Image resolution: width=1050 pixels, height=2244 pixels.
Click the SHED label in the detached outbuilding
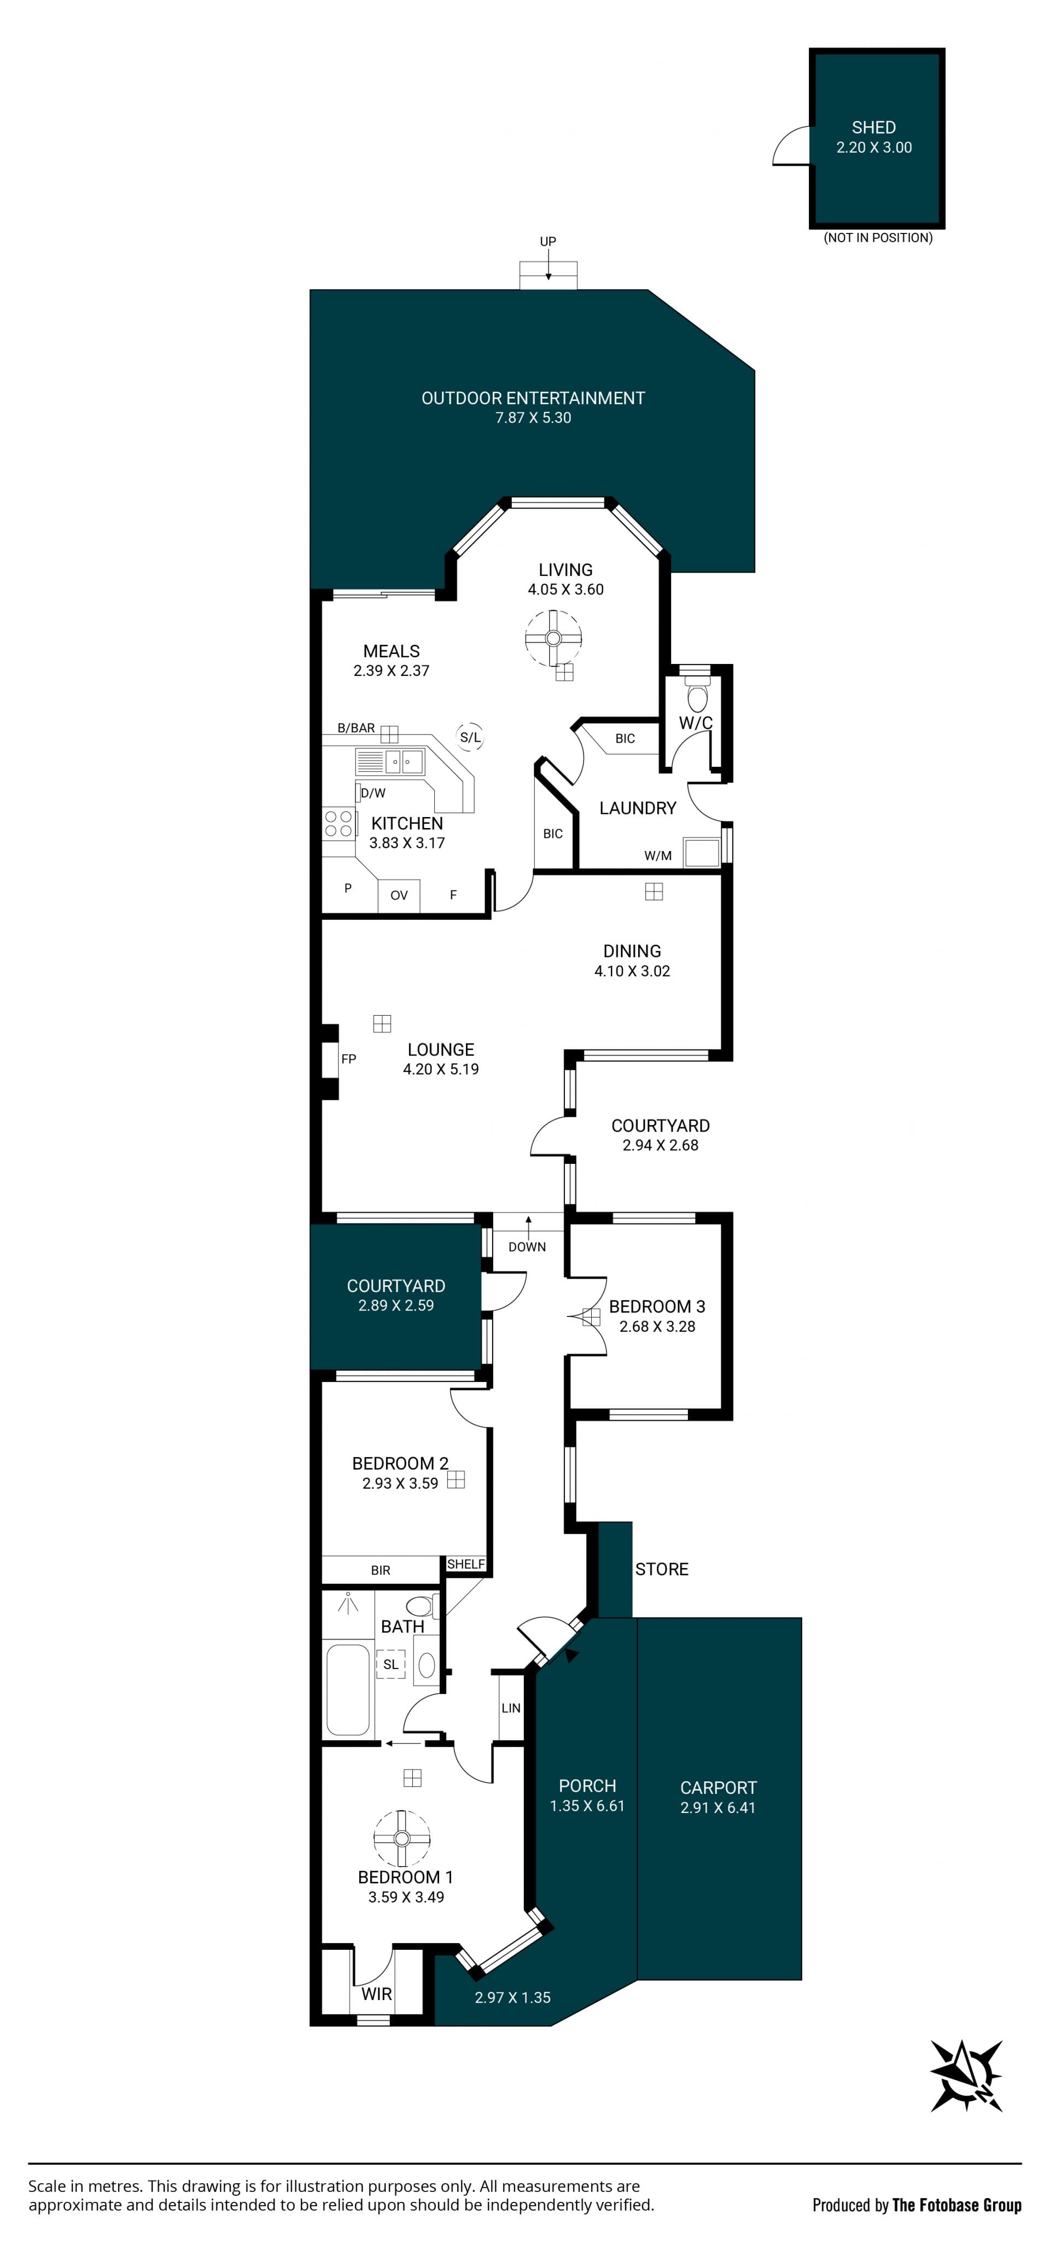pos(873,127)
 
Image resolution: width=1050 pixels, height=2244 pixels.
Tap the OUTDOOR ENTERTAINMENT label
pos(533,398)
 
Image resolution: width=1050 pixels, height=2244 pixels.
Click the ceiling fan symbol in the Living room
pos(552,639)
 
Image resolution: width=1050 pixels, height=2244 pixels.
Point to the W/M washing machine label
pos(658,855)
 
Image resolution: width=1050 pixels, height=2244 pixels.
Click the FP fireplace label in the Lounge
pos(348,1059)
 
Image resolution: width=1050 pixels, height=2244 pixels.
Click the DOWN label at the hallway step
pos(527,1246)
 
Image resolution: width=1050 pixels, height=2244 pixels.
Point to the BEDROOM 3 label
pos(657,1306)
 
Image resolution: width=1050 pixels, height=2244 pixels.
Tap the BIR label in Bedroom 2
pos(381,1570)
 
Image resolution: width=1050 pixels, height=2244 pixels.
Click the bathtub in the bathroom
pos(348,1690)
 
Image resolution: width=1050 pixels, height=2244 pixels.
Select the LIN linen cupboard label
pos(511,1708)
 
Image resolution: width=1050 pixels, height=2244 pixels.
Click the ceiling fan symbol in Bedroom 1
pos(402,1839)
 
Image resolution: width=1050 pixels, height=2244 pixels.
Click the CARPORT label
pos(718,1787)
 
